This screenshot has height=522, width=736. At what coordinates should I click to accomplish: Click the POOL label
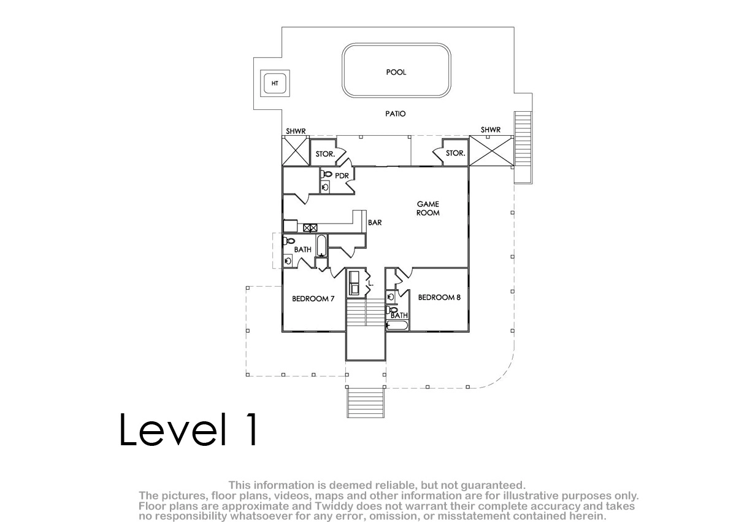click(396, 72)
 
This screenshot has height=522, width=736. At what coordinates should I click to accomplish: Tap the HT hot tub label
click(275, 84)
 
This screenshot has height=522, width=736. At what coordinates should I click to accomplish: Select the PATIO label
click(395, 114)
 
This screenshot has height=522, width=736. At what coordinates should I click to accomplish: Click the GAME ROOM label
click(428, 208)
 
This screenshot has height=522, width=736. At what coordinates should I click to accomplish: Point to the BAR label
click(375, 223)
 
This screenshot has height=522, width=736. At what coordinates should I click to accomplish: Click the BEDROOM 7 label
click(313, 298)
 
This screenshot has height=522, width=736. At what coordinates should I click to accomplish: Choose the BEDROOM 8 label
click(439, 297)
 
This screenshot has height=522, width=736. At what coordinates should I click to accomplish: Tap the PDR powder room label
click(342, 176)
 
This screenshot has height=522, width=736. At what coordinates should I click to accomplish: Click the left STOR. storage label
click(325, 154)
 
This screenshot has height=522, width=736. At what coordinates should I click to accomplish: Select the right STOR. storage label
click(455, 153)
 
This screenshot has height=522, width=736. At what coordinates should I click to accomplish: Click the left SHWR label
click(296, 131)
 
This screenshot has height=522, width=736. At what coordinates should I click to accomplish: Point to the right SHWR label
click(491, 130)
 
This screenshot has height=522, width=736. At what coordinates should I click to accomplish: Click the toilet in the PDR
click(326, 174)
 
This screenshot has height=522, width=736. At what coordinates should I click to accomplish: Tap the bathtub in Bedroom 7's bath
click(321, 246)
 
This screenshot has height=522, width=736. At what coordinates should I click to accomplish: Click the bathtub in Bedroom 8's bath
click(397, 325)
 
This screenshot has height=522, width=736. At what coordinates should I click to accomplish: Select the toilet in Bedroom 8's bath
click(391, 310)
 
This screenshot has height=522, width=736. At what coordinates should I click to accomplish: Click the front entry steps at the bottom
click(366, 403)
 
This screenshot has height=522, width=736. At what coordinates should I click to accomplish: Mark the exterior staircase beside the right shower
click(523, 147)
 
